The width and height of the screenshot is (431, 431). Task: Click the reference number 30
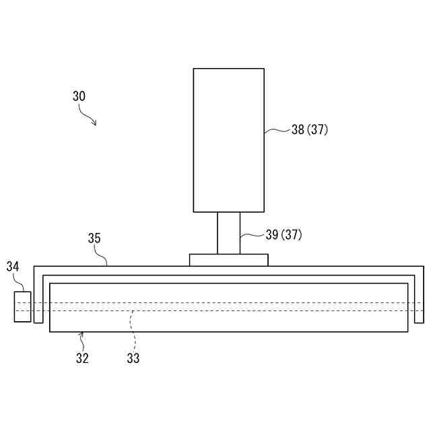pos(79,96)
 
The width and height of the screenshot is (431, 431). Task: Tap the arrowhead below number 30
pos(94,123)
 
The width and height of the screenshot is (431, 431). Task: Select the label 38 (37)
pos(310,129)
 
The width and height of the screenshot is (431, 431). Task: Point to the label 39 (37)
pos(284,235)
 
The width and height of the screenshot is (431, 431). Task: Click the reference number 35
pos(94,238)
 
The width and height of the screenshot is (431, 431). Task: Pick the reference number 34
pos(13,267)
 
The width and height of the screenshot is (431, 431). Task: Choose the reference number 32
pos(82,358)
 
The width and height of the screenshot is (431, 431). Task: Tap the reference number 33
pos(133,358)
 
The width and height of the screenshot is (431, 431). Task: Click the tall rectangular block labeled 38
pos(229,140)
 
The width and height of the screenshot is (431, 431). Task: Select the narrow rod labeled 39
pos(229,233)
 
